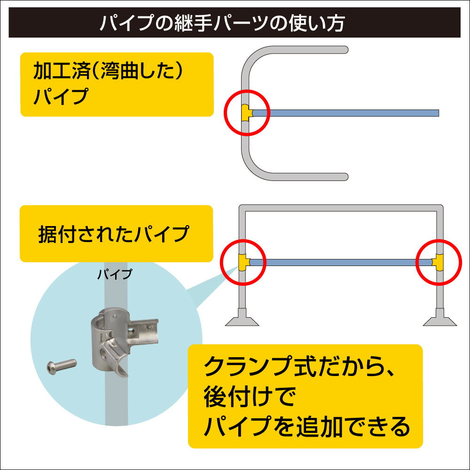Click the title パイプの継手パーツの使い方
coord(222,23)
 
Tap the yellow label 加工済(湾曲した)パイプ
coord(117,85)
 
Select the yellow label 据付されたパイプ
coord(116,234)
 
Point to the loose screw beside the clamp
coord(62,366)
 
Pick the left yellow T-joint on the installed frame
coord(244,262)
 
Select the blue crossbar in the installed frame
coord(341,263)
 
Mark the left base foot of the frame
coord(242,318)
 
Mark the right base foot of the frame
coord(440,318)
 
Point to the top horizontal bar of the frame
coord(341,208)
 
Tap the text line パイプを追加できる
coord(307,426)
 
